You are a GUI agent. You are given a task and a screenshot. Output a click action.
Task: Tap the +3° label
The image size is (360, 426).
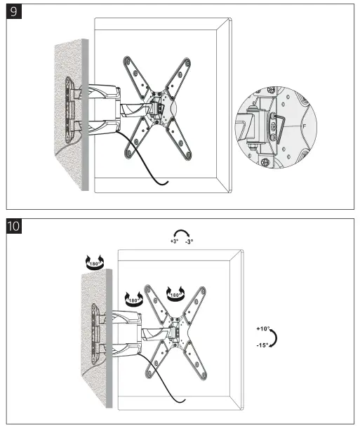point(175,241)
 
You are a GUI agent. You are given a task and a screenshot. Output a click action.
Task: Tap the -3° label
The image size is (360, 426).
point(189,241)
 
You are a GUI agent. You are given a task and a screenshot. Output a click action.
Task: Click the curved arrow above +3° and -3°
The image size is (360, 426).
point(182,232)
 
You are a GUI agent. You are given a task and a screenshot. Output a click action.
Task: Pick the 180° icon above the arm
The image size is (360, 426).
point(133,298)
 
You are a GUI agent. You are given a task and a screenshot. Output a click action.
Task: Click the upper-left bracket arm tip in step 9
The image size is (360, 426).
point(128,60)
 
